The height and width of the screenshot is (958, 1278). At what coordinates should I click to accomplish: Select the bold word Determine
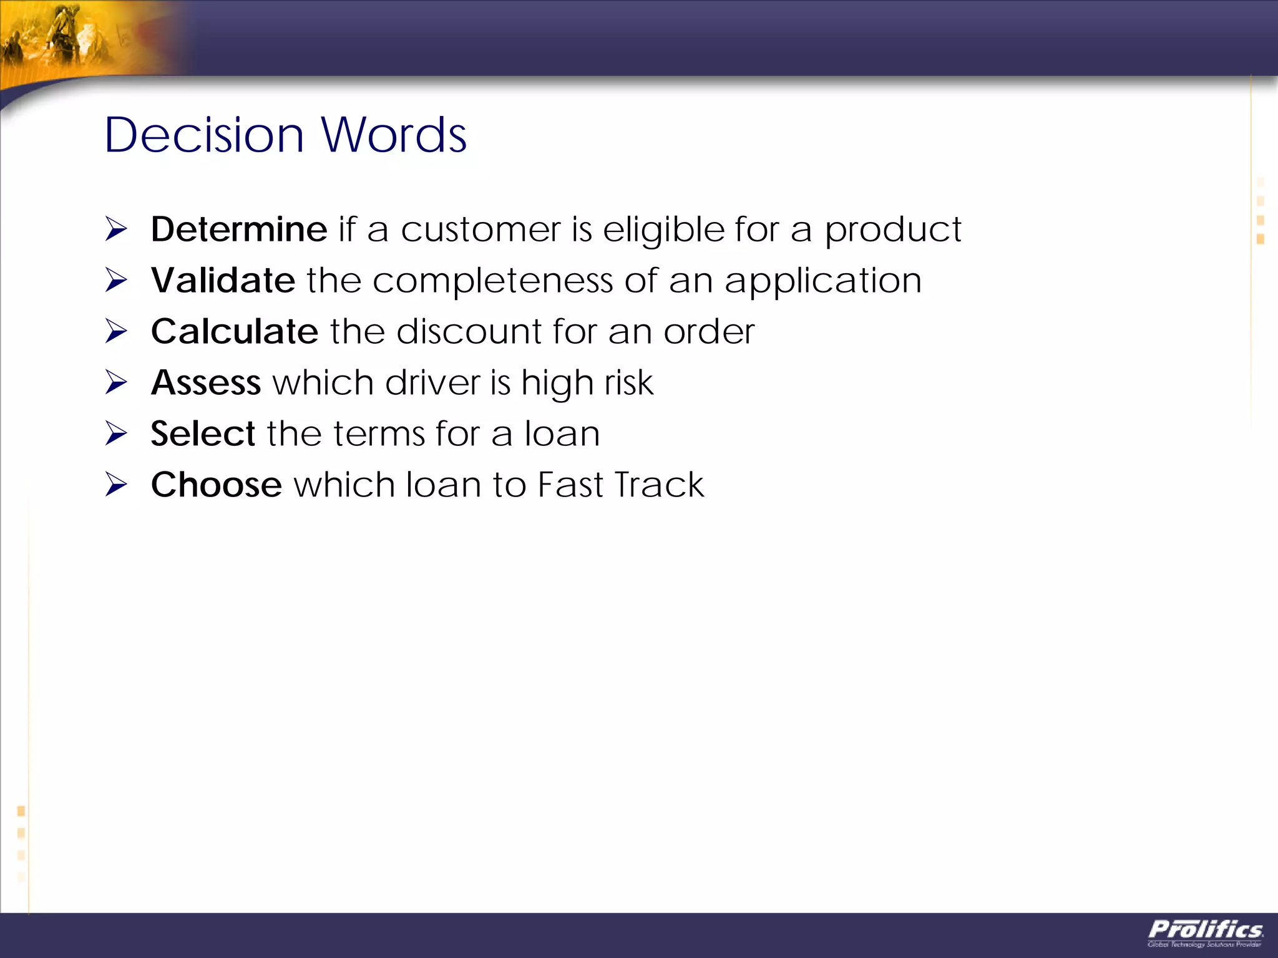point(239,230)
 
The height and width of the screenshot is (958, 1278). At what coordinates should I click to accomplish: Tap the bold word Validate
point(223,280)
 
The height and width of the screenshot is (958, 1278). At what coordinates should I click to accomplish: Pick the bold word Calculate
point(235,331)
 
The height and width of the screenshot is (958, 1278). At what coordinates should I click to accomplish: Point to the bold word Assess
point(206,382)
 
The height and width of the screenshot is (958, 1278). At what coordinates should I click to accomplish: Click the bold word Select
point(203,433)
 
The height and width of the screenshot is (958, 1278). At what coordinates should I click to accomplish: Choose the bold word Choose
point(217,485)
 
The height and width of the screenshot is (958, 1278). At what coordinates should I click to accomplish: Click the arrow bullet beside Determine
point(116,229)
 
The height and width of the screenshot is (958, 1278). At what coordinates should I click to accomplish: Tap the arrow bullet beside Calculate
point(116,331)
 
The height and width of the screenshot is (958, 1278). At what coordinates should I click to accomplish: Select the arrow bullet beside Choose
point(116,485)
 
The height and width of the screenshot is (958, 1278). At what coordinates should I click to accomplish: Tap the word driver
point(432,382)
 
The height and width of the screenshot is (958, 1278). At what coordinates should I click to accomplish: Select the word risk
point(628,382)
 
